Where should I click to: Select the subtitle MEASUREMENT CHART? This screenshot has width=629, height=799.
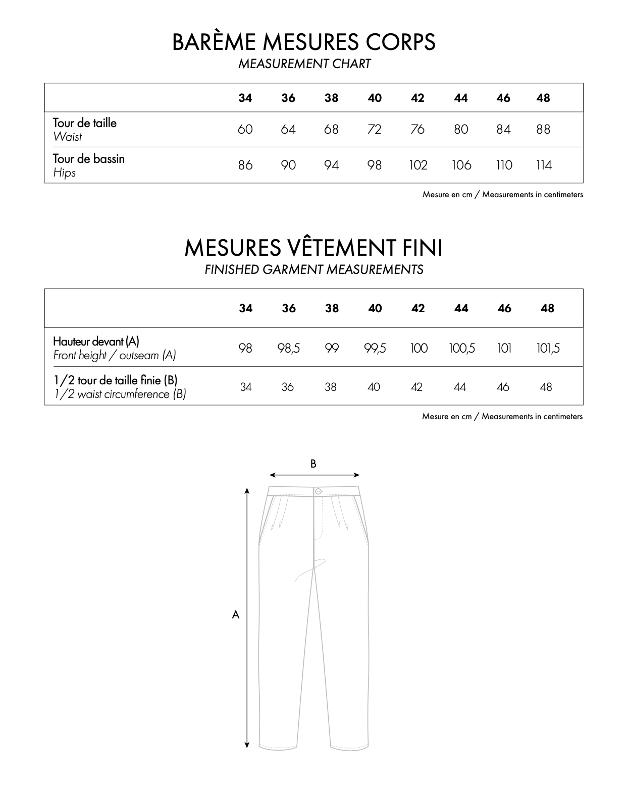tap(304, 64)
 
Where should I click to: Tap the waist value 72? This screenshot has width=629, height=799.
tap(374, 130)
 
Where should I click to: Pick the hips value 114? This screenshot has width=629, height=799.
tap(544, 165)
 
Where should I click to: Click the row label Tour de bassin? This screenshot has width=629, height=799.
tap(89, 159)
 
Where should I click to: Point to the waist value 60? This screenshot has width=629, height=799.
tap(245, 130)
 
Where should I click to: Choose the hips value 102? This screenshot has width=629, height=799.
tap(418, 165)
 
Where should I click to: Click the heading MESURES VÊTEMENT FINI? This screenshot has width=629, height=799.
tap(313, 248)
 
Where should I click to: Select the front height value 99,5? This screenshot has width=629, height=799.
tap(375, 348)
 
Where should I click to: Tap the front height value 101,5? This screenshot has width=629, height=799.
tap(548, 348)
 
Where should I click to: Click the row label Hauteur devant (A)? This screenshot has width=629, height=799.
tap(96, 341)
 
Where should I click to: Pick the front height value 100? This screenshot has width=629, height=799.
tap(418, 348)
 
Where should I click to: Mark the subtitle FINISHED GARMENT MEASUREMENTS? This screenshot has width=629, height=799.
tap(313, 270)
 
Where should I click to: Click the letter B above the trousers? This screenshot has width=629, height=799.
tap(313, 464)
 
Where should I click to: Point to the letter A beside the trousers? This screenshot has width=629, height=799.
tap(235, 615)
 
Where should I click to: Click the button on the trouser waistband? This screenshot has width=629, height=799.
tap(318, 491)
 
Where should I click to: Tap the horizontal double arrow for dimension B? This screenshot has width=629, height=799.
tap(314, 475)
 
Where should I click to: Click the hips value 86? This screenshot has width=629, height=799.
tap(245, 165)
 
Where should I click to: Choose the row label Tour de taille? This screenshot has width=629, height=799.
tap(85, 123)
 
